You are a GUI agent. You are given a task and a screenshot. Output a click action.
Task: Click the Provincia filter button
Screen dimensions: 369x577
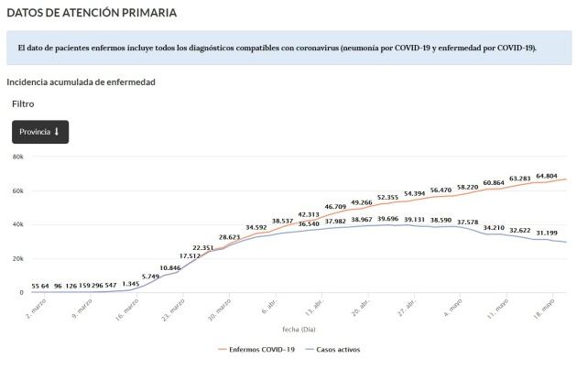(39, 132)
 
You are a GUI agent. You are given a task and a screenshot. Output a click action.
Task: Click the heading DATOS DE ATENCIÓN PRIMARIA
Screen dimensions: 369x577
(91, 13)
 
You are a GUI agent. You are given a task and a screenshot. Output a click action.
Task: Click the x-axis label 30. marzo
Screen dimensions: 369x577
(222, 306)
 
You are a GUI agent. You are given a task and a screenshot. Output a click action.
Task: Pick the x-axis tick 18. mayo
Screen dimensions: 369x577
(547, 306)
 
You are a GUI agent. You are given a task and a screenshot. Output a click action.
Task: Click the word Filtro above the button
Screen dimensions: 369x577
(23, 104)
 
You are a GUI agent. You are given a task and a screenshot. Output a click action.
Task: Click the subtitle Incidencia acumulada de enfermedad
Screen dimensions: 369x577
(81, 82)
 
